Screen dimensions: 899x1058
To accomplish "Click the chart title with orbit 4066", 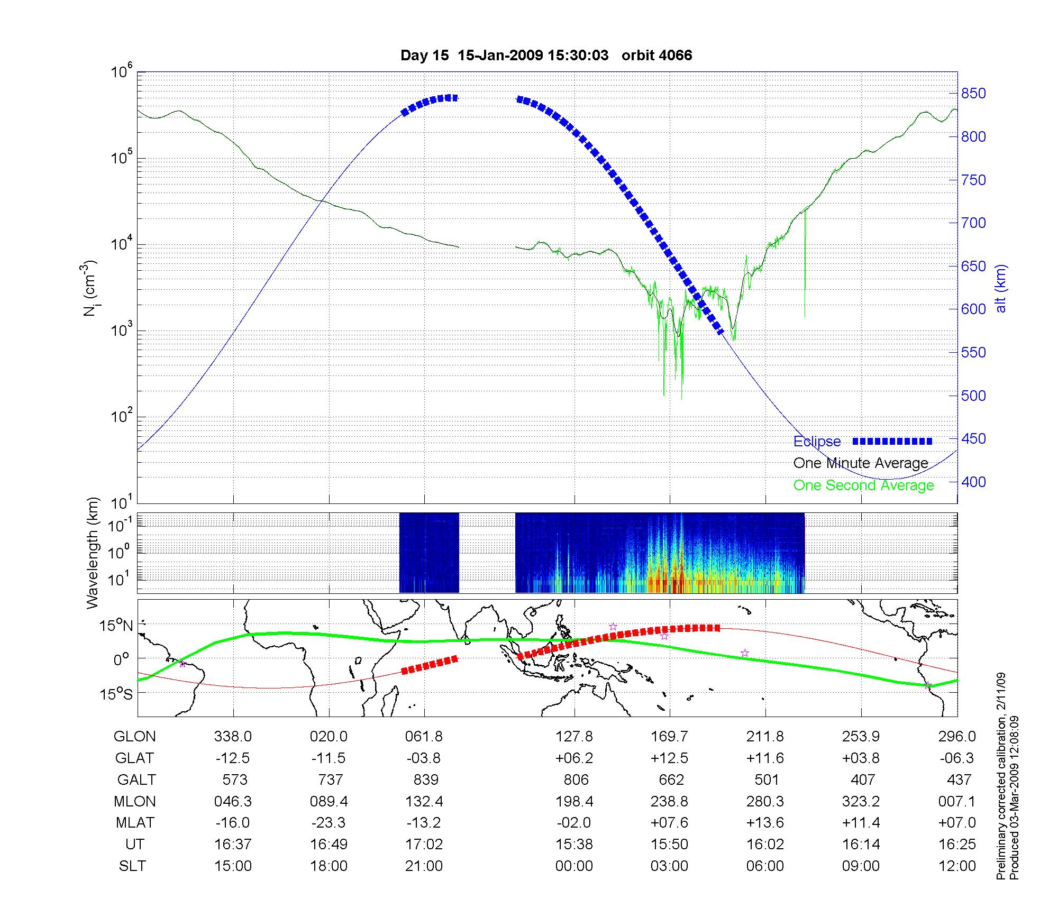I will click(546, 55).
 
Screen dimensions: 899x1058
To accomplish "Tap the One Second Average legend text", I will click(863, 485).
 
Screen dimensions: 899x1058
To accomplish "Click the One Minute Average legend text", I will click(861, 463).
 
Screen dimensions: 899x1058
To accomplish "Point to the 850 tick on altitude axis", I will click(973, 94).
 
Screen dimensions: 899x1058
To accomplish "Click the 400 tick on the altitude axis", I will click(973, 482).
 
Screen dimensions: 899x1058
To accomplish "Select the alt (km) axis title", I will click(1000, 288).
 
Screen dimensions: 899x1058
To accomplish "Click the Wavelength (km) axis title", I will click(93, 553).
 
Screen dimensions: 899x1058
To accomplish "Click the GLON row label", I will click(135, 737).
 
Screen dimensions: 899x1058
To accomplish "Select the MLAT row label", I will click(135, 823).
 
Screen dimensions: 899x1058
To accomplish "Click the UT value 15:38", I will click(574, 845).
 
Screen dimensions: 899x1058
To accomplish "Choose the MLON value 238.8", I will click(669, 802).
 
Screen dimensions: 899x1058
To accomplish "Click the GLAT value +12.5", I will click(669, 758).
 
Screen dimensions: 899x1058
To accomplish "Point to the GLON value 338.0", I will click(233, 737).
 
